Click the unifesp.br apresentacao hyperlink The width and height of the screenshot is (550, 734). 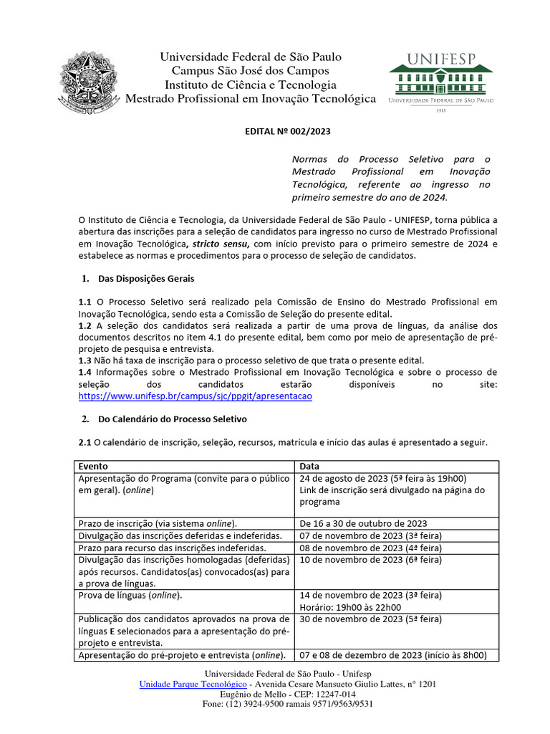[195, 395]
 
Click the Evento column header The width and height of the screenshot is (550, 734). [93, 466]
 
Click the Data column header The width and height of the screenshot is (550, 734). [310, 466]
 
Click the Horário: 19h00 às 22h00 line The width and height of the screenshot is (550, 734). [352, 607]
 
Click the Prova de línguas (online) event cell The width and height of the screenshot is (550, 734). [130, 596]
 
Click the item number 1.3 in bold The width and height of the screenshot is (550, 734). [85, 360]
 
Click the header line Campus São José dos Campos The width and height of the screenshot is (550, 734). [250, 70]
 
